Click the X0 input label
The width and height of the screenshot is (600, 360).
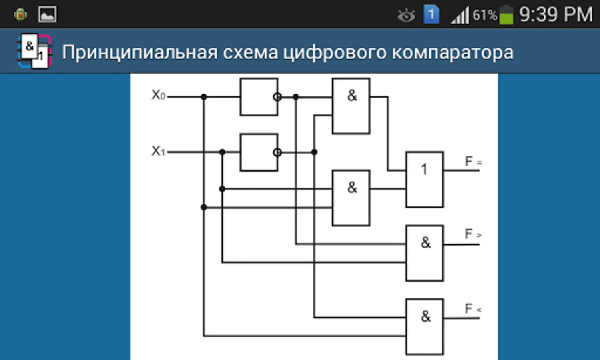point(159,95)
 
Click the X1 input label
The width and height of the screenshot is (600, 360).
point(158,151)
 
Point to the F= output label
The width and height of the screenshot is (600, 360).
point(473,161)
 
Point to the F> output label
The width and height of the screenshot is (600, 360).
point(473,234)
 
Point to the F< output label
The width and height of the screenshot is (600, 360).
point(473,308)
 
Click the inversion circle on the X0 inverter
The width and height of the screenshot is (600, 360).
point(277,97)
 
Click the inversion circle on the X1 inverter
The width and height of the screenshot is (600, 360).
point(277,152)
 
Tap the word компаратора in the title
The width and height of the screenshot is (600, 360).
point(452,52)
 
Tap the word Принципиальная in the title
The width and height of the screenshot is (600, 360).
point(140,53)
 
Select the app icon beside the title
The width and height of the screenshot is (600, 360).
point(34,51)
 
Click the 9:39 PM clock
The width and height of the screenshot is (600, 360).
point(556,14)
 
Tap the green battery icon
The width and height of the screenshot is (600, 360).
point(506,15)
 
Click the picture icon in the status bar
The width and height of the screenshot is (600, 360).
point(47,14)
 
